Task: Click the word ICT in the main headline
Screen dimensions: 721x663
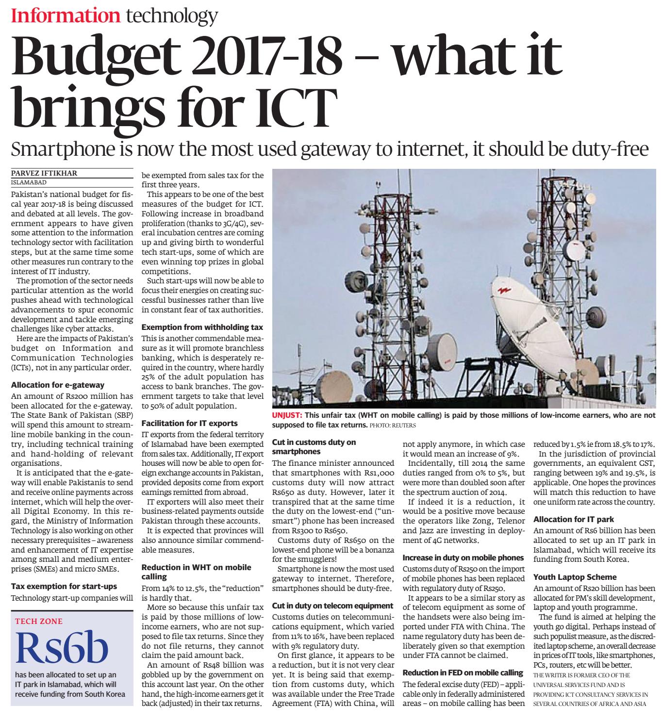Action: click(290, 104)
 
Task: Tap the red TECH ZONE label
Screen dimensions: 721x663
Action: click(39, 621)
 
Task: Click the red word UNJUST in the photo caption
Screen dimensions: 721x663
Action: click(287, 415)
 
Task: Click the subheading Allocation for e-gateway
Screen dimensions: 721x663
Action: click(57, 385)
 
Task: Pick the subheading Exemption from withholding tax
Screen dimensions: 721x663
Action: click(202, 327)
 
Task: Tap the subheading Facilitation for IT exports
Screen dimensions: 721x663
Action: click(189, 423)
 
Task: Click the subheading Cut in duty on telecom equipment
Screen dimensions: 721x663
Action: click(332, 606)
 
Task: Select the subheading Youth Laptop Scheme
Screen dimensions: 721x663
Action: click(568, 577)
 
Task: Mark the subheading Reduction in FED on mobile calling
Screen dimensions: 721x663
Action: click(463, 672)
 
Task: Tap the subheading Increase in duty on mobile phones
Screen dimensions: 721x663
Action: click(463, 557)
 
